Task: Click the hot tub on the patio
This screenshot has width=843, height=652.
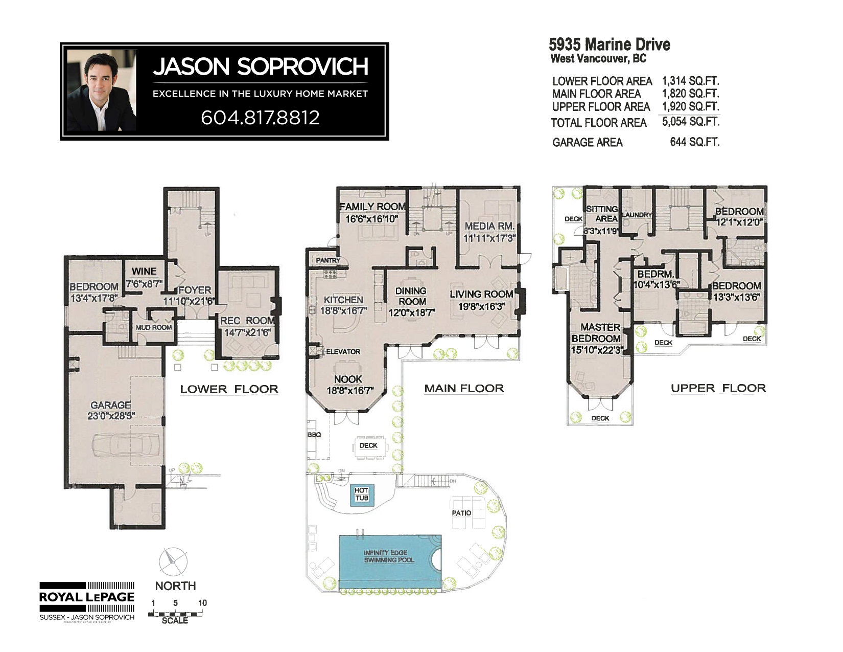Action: pos(362,494)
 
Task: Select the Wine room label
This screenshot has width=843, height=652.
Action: pos(144,271)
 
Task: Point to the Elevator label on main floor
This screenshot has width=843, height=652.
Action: pos(343,352)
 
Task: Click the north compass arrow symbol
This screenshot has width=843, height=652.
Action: pos(173,562)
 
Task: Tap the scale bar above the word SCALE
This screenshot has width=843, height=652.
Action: pos(175,613)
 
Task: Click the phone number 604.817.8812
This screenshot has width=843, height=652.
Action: pos(260,118)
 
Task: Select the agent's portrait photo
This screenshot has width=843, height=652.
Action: pos(102,91)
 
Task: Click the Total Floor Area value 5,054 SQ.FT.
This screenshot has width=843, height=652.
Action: pos(691,122)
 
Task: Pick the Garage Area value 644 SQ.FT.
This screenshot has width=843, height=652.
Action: pos(694,142)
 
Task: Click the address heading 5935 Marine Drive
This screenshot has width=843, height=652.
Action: pos(609,44)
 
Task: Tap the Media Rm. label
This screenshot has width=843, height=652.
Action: pos(489,226)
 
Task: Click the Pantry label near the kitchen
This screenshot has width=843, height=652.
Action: pos(327,260)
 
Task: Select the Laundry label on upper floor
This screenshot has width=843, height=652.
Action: pos(637,215)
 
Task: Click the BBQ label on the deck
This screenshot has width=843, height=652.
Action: pos(314,435)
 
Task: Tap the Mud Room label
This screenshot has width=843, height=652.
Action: pos(154,327)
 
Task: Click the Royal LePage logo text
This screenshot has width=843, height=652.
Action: pos(87,597)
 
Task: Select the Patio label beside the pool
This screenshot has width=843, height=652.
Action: pos(461,513)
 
